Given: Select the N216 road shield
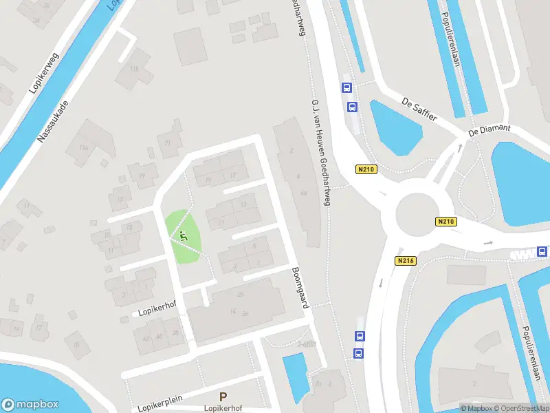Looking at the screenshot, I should (x=405, y=261).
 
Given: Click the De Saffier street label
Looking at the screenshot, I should (x=419, y=109).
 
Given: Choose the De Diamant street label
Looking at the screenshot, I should (x=489, y=129).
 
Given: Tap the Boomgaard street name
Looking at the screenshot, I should (x=298, y=287).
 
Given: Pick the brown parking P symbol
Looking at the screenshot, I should (x=223, y=396).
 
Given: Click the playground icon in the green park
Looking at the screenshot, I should (x=183, y=236).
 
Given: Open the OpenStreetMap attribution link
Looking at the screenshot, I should (x=520, y=408).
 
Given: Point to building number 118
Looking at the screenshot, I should (x=134, y=69).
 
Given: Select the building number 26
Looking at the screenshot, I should (x=240, y=295).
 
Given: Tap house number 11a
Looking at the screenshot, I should (x=83, y=147).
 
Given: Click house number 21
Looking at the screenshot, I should (x=168, y=143).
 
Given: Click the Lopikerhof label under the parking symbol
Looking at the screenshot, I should (x=223, y=408).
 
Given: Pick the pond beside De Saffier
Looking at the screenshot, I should (x=395, y=126).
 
